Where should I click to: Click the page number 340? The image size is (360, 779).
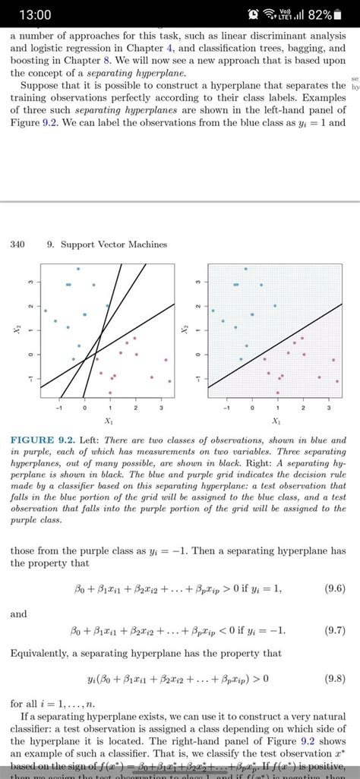(18, 244)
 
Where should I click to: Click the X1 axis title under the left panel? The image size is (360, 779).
(109, 420)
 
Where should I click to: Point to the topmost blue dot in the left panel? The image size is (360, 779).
(77, 269)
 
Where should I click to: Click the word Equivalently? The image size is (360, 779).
(45, 653)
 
